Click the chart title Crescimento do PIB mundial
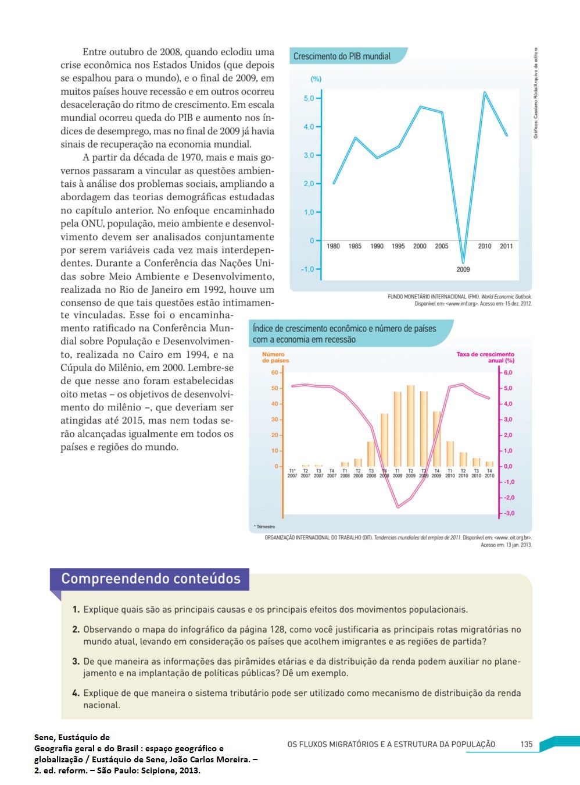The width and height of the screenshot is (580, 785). pyautogui.click(x=342, y=56)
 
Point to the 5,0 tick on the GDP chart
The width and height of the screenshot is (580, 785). pyautogui.click(x=309, y=98)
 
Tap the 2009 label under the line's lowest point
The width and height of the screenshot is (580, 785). pyautogui.click(x=463, y=269)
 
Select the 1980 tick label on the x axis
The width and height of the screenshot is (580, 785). pyautogui.click(x=333, y=246)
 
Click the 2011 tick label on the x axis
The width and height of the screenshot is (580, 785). pyautogui.click(x=506, y=246)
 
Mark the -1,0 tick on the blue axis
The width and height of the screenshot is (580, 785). pyautogui.click(x=307, y=269)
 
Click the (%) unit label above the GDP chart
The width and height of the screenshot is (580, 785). pyautogui.click(x=316, y=79)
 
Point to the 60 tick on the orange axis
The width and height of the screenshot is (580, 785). pyautogui.click(x=274, y=372)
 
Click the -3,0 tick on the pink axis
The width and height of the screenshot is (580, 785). pyautogui.click(x=509, y=513)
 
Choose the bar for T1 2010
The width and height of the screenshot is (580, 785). pyautogui.click(x=450, y=453)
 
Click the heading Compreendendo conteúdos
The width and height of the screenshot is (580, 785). pyautogui.click(x=151, y=579)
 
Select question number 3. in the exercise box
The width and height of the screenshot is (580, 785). pyautogui.click(x=76, y=661)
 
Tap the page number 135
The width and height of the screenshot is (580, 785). pyautogui.click(x=527, y=744)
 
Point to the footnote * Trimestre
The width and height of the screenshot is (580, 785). pyautogui.click(x=264, y=527)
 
